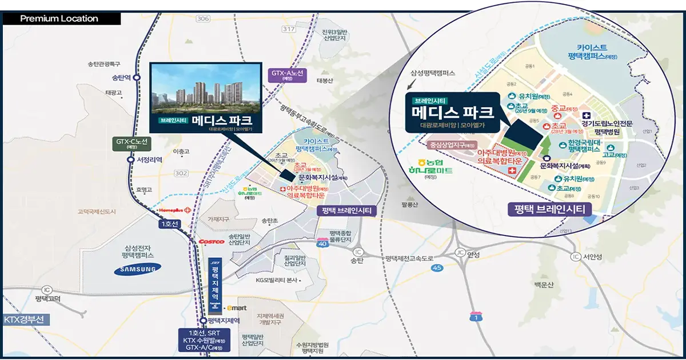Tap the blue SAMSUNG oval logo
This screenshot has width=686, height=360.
point(135,270)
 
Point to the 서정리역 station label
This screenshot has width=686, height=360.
point(150,160)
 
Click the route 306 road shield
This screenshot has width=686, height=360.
point(202,19)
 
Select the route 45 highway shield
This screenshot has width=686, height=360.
point(437,267)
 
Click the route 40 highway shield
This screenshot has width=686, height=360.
point(322,244)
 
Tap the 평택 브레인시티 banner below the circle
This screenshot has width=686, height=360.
point(549,209)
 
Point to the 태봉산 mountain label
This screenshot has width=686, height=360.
point(324,81)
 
